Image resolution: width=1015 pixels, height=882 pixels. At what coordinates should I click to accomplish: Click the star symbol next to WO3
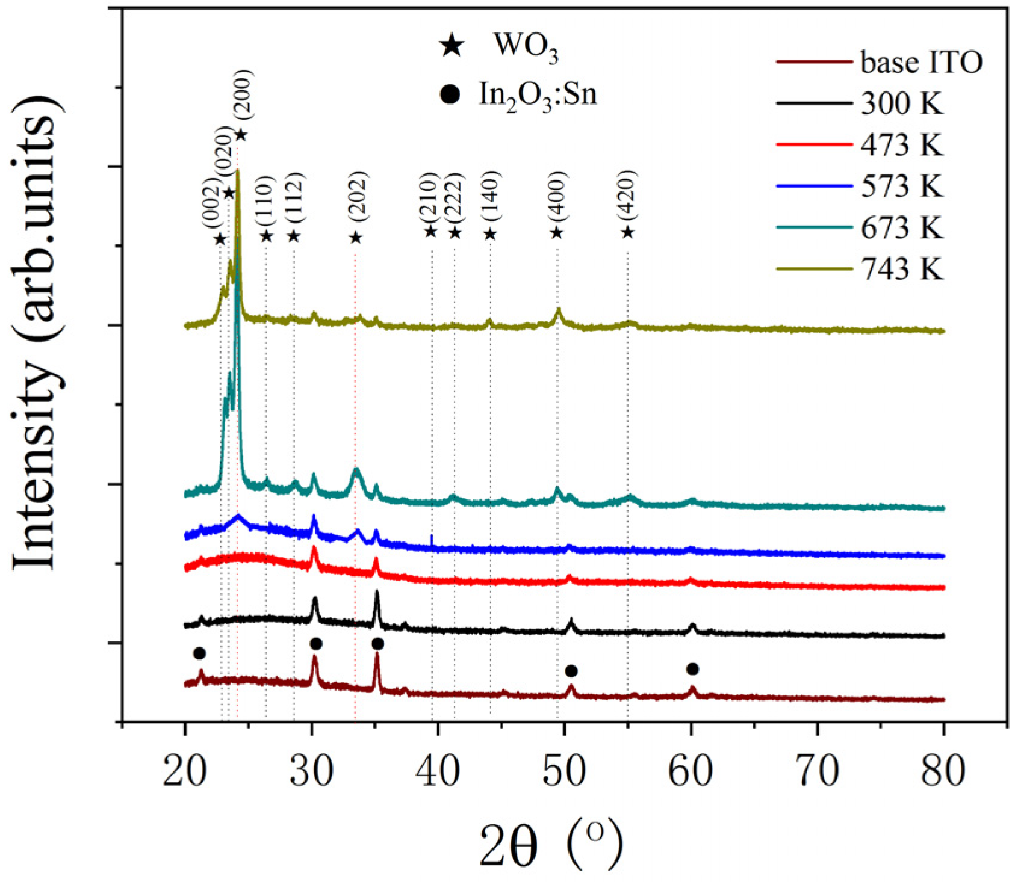point(452,46)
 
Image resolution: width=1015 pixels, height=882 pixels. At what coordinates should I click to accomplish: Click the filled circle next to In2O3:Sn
point(450,94)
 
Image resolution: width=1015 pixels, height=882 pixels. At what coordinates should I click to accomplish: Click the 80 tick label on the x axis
point(943,771)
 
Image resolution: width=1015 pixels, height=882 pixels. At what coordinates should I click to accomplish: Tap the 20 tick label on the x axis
point(185,771)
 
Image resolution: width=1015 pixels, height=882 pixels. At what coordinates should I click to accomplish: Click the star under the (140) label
point(490,234)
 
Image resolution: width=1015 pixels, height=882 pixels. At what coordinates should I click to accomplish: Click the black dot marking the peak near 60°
point(692,669)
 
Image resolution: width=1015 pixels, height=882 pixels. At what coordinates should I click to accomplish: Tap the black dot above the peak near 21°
point(200,653)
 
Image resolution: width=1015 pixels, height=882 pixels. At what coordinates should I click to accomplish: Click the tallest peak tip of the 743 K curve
point(238,171)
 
